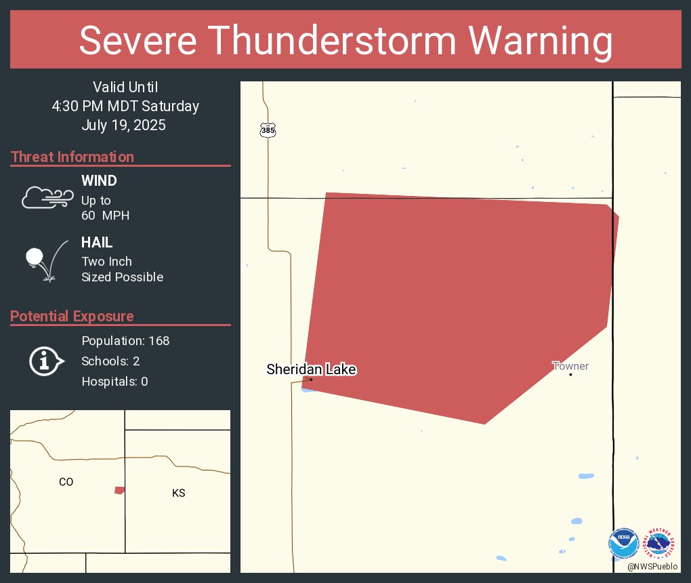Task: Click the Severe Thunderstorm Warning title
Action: (x=345, y=41)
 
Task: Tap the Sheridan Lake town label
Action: (x=311, y=369)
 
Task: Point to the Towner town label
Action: (x=570, y=366)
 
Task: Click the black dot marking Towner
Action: (x=570, y=374)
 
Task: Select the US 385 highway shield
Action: (x=268, y=130)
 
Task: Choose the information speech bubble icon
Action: (x=46, y=361)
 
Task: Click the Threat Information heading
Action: (x=72, y=157)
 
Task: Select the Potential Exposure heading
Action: (x=72, y=316)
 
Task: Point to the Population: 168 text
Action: (x=125, y=340)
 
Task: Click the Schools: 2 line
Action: (x=110, y=361)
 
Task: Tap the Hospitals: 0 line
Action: (x=114, y=381)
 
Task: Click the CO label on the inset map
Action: (x=66, y=482)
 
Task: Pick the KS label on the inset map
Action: (x=178, y=493)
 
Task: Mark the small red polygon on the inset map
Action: (x=119, y=490)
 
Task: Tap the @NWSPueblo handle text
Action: (x=653, y=566)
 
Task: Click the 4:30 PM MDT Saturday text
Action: (x=125, y=106)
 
